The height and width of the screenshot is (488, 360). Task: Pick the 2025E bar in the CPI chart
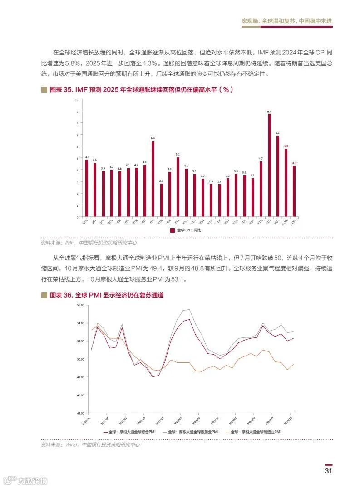pyautogui.click(x=294, y=191)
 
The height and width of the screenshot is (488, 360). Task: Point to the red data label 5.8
pyautogui.click(x=286, y=146)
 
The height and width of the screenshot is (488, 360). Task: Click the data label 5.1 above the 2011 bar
pyautogui.click(x=178, y=155)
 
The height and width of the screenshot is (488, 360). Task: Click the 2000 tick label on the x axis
pyautogui.click(x=85, y=222)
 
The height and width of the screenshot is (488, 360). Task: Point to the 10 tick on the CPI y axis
pyautogui.click(x=77, y=99)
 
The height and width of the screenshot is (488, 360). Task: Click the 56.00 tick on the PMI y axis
pyautogui.click(x=81, y=305)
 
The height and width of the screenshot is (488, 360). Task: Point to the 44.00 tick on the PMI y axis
pyautogui.click(x=81, y=413)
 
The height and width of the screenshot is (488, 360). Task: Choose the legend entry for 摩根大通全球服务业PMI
pyautogui.click(x=192, y=432)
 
